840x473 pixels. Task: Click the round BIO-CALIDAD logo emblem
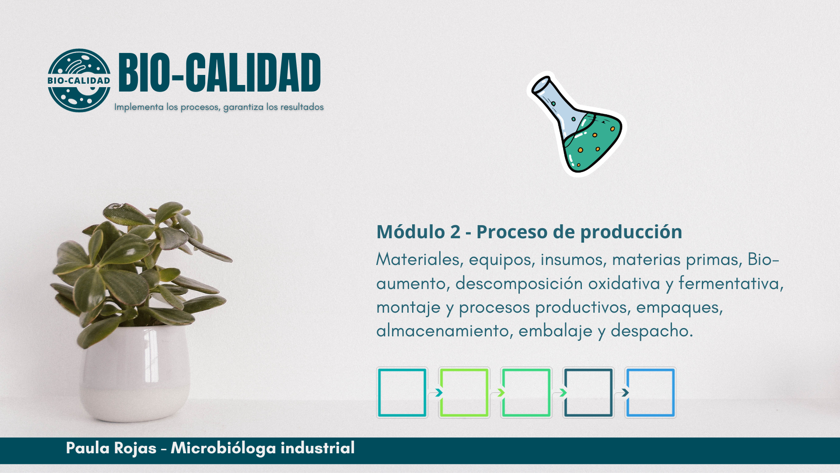pos(79,80)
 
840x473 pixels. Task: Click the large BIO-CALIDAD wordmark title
pos(220,73)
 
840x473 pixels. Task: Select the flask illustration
pos(577,124)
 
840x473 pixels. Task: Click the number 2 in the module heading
pos(455,232)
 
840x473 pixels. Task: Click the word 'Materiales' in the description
pos(418,259)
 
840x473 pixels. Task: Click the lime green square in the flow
pos(441,392)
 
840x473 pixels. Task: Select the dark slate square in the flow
pos(565,392)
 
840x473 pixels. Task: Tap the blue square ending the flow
pos(627,392)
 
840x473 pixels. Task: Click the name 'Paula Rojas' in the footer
pos(111,448)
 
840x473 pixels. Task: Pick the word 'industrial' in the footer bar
pos(318,448)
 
